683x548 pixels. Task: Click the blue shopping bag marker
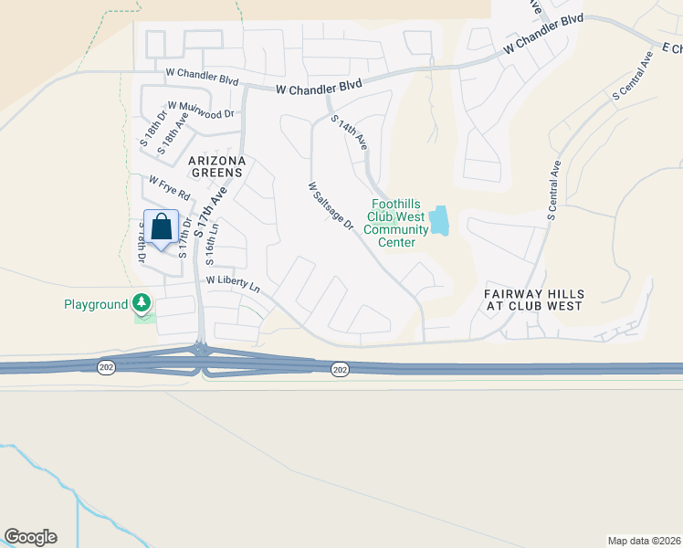(x=162, y=227)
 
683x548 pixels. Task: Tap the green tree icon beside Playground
(x=141, y=301)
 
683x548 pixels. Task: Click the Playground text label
(x=95, y=304)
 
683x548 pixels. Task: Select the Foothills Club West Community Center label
(x=396, y=223)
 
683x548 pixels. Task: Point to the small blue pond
(x=439, y=220)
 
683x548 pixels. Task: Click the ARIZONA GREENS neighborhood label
(x=216, y=165)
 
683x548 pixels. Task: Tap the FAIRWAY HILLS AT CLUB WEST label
(x=534, y=300)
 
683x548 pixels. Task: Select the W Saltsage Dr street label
(x=330, y=205)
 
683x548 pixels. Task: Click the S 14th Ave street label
(x=349, y=132)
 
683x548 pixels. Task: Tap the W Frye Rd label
(x=169, y=187)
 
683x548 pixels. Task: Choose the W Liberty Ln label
(x=234, y=284)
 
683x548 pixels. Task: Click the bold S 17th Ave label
(x=211, y=210)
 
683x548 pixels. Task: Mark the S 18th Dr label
(x=151, y=129)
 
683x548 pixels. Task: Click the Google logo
(x=30, y=537)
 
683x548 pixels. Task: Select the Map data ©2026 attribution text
(x=643, y=541)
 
